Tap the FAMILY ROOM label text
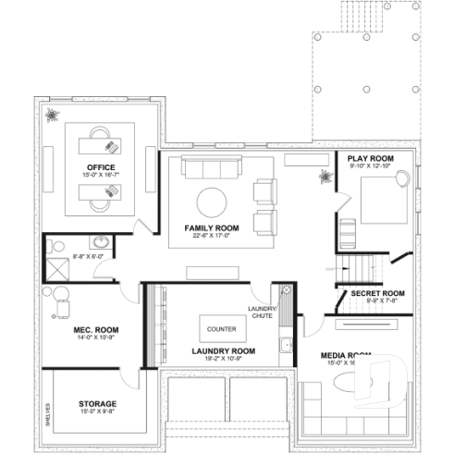(x=211, y=227)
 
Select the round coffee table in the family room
(x=212, y=202)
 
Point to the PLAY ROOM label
(x=370, y=159)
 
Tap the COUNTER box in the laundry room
(x=221, y=328)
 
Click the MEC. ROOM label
(x=95, y=329)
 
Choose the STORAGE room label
(x=95, y=403)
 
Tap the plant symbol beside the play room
(x=324, y=176)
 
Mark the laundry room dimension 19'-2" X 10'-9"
(x=223, y=359)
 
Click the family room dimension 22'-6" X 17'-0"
(x=211, y=235)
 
